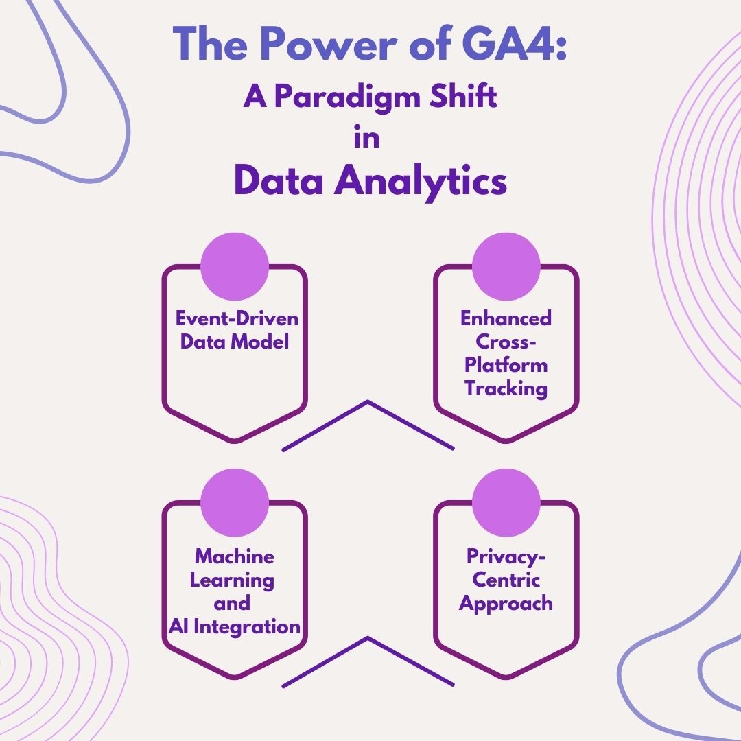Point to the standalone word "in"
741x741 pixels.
coord(366,138)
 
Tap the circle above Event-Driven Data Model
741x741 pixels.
coord(235,268)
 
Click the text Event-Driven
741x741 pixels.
coord(237,319)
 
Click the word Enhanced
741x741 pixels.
coord(506,319)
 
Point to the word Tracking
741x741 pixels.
coord(506,388)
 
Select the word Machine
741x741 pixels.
coord(235,556)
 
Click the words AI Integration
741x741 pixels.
coord(235,626)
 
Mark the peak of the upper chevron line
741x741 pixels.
coord(368,403)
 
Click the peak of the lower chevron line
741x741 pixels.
coord(368,639)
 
